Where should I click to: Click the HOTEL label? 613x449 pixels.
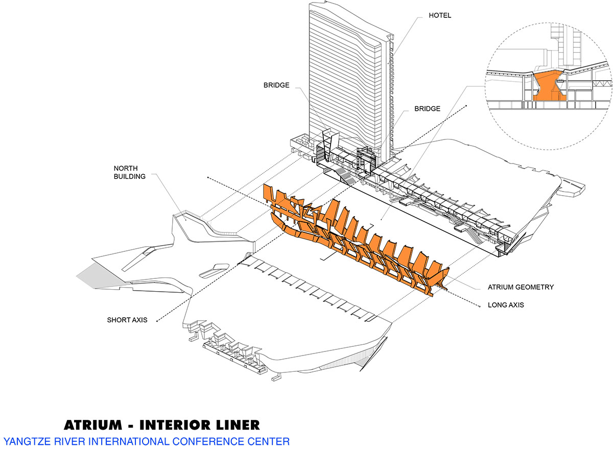(x=439, y=16)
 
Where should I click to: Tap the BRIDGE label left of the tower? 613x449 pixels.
(x=277, y=85)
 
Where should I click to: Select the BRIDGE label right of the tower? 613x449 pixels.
(x=427, y=109)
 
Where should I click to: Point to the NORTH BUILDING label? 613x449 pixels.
(x=130, y=172)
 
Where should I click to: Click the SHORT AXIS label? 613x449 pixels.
(x=127, y=320)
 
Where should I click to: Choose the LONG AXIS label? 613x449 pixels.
(x=506, y=305)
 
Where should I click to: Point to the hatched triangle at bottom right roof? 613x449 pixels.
(x=364, y=362)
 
